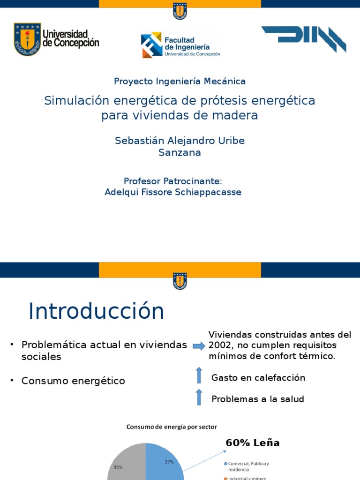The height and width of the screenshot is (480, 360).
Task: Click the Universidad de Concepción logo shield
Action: (27, 39)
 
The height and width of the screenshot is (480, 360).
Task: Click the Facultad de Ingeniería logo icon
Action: (151, 45)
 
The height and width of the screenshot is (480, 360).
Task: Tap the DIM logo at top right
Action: (304, 39)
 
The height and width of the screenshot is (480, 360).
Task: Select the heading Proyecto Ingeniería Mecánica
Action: (180, 81)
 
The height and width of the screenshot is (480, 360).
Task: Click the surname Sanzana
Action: (180, 152)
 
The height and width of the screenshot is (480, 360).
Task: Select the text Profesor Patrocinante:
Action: (172, 181)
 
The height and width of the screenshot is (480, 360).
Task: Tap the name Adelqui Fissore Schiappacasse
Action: (172, 192)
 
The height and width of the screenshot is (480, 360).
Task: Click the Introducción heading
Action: (96, 311)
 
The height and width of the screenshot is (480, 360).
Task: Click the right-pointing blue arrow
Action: (199, 346)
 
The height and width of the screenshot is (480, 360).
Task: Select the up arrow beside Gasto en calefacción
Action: (199, 375)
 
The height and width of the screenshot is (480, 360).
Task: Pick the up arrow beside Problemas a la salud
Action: (199, 397)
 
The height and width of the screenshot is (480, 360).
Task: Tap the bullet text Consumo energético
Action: (73, 381)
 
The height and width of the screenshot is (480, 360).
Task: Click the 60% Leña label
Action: (252, 443)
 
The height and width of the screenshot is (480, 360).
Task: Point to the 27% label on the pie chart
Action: (169, 462)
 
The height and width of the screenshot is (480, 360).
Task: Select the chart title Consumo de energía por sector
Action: (171, 427)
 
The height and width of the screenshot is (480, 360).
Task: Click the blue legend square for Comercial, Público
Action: (225, 464)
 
